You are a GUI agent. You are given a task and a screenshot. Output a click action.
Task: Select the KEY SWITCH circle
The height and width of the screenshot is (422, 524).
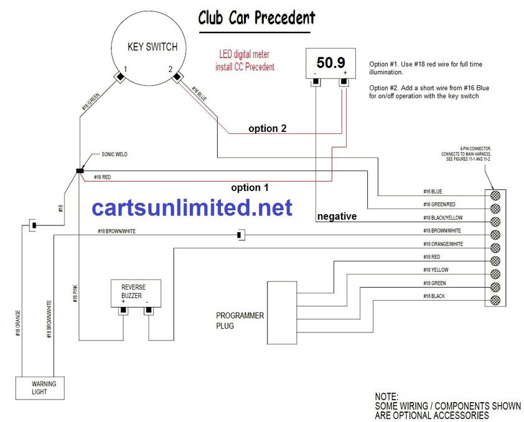[x=152, y=47]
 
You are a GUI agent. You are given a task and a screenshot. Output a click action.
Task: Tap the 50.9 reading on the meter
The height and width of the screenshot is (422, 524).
[x=330, y=62]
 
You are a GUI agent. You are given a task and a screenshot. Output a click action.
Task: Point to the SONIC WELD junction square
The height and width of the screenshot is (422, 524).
[x=80, y=170]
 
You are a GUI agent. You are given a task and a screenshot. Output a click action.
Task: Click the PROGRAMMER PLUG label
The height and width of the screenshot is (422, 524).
[x=240, y=321]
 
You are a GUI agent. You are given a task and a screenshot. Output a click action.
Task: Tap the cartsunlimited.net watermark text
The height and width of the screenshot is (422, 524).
[x=192, y=208]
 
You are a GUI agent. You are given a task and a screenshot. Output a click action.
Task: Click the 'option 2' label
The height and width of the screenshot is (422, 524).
[x=268, y=129]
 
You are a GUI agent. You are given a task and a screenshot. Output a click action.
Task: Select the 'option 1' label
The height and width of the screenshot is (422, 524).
[x=250, y=187]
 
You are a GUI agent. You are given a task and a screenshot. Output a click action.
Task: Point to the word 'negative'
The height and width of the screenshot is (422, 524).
[x=337, y=217]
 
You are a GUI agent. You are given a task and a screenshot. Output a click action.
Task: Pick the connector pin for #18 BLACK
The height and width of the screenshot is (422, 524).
[x=496, y=301]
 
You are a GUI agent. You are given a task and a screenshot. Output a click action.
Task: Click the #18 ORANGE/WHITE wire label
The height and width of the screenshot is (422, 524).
[x=442, y=244]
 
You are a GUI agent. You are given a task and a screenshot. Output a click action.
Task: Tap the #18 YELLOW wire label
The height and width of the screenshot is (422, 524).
[x=436, y=270]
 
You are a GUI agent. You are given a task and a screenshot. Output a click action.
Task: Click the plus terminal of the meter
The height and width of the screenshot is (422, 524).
[x=344, y=82]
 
